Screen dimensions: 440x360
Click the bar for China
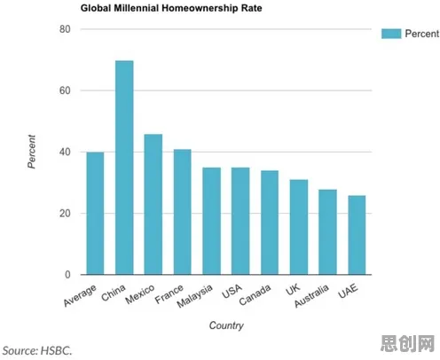pyautogui.click(x=124, y=168)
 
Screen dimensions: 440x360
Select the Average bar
pyautogui.click(x=95, y=214)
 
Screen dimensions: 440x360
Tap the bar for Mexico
pyautogui.click(x=153, y=204)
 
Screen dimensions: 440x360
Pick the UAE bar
pyautogui.click(x=357, y=235)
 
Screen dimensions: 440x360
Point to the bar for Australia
pyautogui.click(x=327, y=232)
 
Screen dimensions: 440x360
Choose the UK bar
pyautogui.click(x=299, y=227)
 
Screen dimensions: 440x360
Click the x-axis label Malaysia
pyautogui.click(x=194, y=295)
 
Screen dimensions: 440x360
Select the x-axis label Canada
pyautogui.click(x=255, y=294)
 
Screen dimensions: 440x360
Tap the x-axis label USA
pyautogui.click(x=232, y=291)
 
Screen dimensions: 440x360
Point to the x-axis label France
pyautogui.click(x=169, y=293)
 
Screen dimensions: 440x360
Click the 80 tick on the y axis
pyautogui.click(x=65, y=29)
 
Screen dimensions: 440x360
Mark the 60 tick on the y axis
pyautogui.click(x=65, y=90)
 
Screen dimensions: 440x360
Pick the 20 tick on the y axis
pyautogui.click(x=65, y=213)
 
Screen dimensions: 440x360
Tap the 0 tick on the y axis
pyautogui.click(x=67, y=275)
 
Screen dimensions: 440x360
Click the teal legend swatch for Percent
pyautogui.click(x=391, y=34)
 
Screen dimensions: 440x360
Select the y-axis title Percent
pyautogui.click(x=31, y=152)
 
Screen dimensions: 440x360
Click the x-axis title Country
pyautogui.click(x=226, y=325)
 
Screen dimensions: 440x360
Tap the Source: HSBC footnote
pyautogui.click(x=37, y=351)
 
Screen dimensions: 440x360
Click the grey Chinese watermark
pyautogui.click(x=408, y=344)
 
